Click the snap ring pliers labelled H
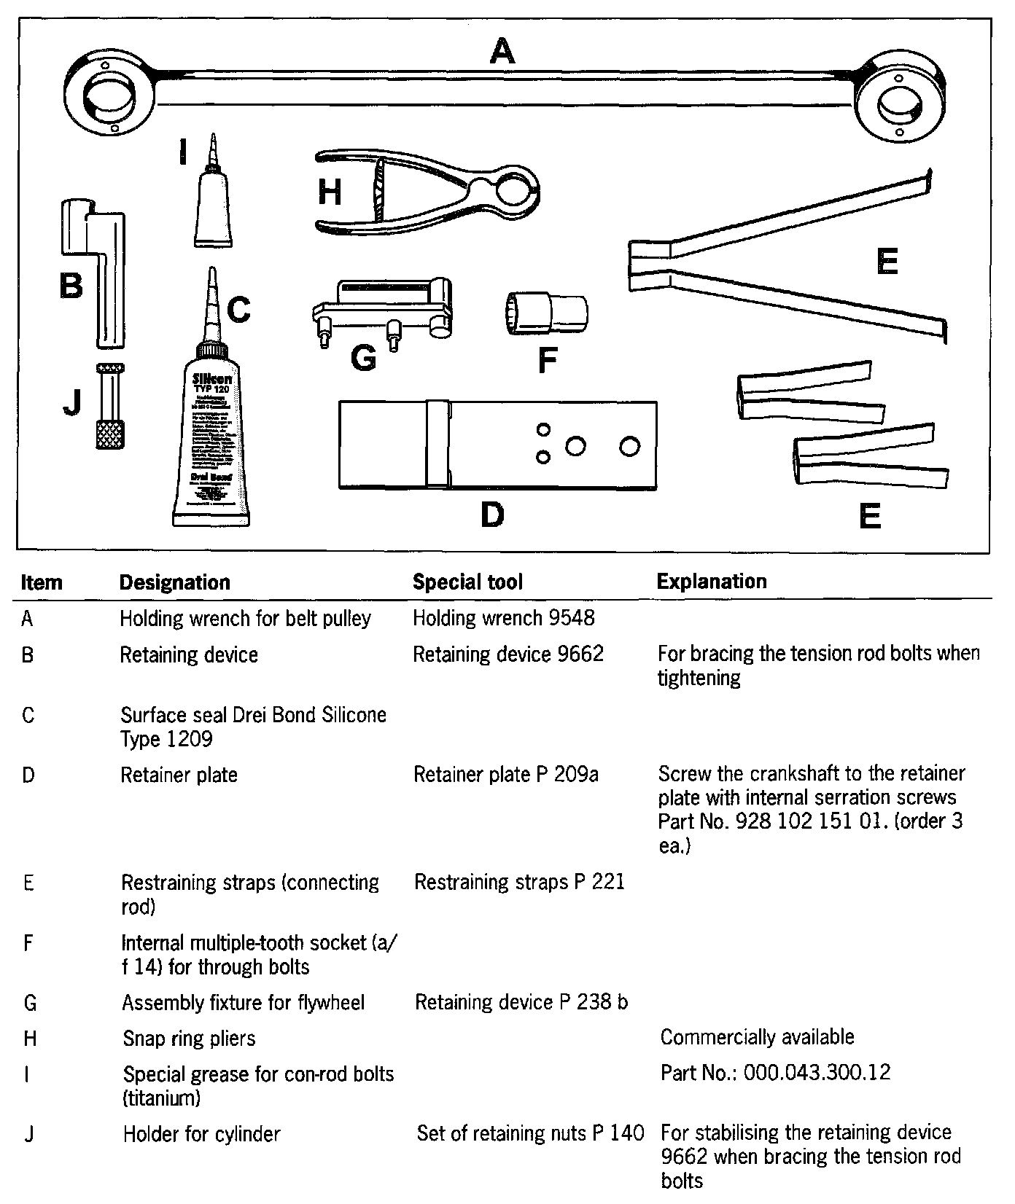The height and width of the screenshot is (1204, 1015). pyautogui.click(x=427, y=191)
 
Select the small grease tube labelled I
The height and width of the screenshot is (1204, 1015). pyautogui.click(x=214, y=204)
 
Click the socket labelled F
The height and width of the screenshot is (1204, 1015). pyautogui.click(x=547, y=313)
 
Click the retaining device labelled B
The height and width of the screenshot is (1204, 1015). pyautogui.click(x=106, y=270)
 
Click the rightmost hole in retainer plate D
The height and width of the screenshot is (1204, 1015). pyautogui.click(x=629, y=445)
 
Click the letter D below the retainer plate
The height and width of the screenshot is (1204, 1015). pyautogui.click(x=492, y=515)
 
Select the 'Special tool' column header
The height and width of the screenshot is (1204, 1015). pyautogui.click(x=467, y=582)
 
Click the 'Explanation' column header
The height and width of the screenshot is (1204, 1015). pyautogui.click(x=712, y=581)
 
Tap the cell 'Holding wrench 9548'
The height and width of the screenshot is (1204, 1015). pyautogui.click(x=504, y=618)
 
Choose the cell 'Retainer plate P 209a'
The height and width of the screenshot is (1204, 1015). pyautogui.click(x=506, y=774)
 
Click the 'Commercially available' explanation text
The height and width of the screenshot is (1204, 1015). pyautogui.click(x=757, y=1036)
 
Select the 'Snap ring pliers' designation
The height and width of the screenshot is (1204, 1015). pyautogui.click(x=189, y=1038)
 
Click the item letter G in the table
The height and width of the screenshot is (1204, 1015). pyautogui.click(x=30, y=1003)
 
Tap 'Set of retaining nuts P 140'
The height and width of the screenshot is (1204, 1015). pyautogui.click(x=530, y=1133)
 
